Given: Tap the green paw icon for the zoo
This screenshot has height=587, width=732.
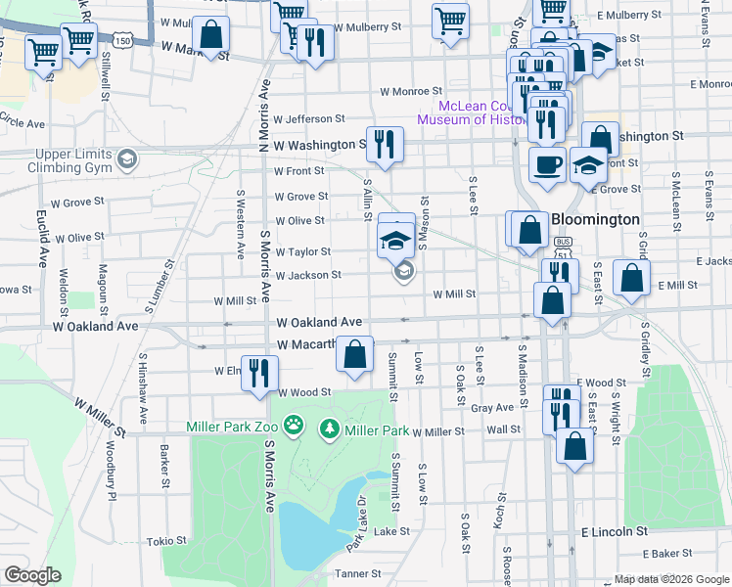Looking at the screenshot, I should tap(293, 426).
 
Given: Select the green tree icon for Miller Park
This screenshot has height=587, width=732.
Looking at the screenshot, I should tap(330, 429).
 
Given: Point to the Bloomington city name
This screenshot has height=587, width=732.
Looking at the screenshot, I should tap(596, 219).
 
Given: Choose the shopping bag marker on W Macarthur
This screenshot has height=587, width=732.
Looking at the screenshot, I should tap(355, 355).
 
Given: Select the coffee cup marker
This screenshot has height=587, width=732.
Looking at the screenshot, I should tap(546, 163).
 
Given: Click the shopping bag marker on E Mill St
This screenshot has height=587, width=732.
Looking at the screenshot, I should tap(632, 278).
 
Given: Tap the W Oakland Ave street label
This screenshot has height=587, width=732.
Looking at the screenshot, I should tap(319, 322).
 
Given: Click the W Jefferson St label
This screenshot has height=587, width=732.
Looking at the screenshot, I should tap(309, 118).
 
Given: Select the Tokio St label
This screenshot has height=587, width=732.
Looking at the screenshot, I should tap(166, 541).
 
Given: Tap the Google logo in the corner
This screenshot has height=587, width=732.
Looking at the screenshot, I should tap(32, 575).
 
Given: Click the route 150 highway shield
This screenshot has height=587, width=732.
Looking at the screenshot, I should tap(122, 41).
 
